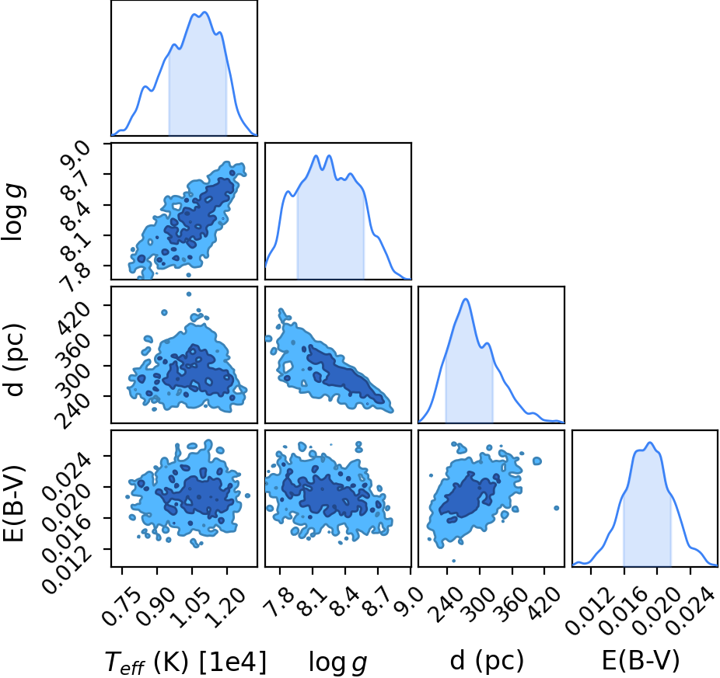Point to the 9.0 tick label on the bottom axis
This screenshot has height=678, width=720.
pos(403,600)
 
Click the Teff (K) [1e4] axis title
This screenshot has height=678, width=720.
pos(186,662)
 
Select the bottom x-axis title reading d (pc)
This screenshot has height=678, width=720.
pos(487,661)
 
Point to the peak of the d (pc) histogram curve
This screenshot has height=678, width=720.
pos(466,299)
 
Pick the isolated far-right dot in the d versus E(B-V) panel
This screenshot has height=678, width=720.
pos(557,508)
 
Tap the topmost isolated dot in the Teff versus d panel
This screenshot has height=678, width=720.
pos(188,294)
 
